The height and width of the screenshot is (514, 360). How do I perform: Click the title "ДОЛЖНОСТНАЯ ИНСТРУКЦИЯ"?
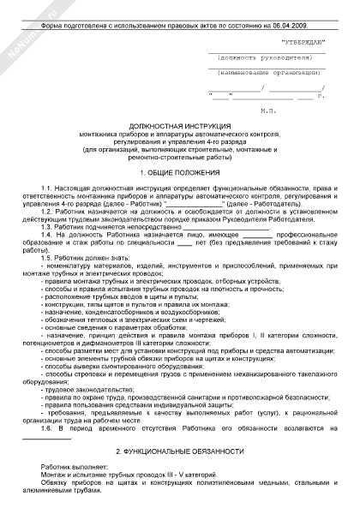click(x=181, y=125)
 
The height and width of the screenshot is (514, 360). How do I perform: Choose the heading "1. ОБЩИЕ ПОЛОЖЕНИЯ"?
click(x=181, y=172)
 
